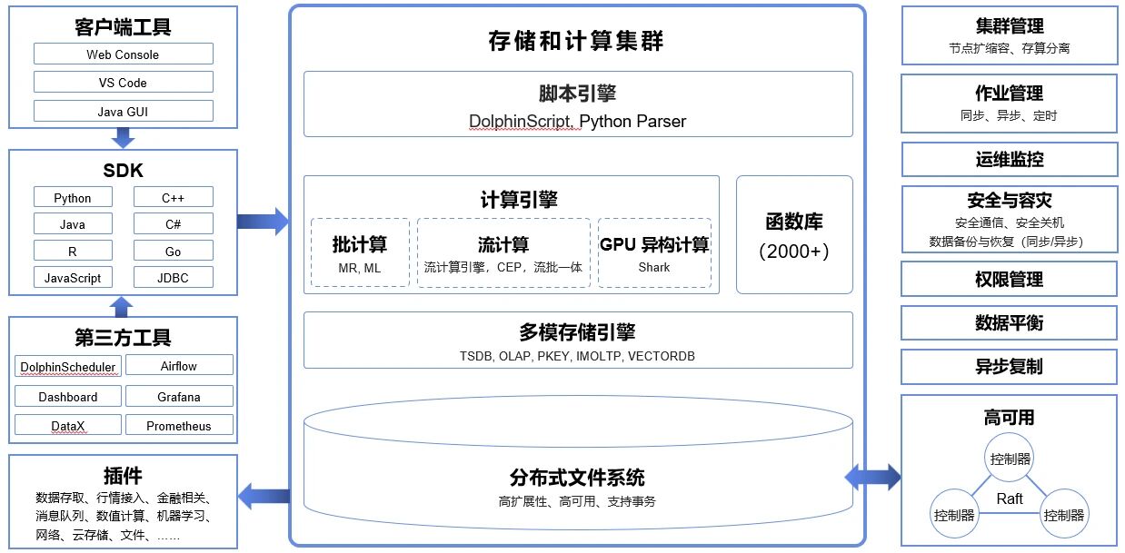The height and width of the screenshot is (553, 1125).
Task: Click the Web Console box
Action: point(123,54)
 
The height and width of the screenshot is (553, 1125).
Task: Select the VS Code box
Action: point(123,83)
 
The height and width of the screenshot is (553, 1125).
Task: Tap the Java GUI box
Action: point(123,112)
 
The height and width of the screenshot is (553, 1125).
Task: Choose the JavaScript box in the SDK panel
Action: point(73,278)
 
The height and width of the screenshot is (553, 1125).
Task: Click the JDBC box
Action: point(173,278)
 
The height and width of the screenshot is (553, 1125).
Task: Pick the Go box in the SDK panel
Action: point(173,252)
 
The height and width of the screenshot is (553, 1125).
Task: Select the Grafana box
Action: point(178,397)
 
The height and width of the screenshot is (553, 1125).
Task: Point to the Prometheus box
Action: point(178,426)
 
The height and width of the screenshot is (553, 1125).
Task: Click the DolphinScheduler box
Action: point(67,367)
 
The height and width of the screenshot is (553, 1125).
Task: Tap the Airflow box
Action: point(178,366)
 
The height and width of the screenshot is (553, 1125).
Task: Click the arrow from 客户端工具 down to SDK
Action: point(123,138)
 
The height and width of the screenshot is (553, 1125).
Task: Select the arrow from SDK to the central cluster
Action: point(263,221)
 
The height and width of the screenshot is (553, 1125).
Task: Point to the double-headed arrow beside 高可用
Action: point(873,475)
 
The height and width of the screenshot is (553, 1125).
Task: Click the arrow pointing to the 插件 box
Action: point(264,496)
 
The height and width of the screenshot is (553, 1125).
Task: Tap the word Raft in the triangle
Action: point(1010,499)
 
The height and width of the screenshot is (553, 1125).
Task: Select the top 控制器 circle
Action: point(1011,459)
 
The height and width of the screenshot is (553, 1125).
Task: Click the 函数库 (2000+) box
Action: point(794,234)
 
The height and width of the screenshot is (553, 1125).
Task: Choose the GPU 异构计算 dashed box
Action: point(654,252)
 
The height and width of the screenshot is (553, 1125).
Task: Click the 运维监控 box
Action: point(1010,159)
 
